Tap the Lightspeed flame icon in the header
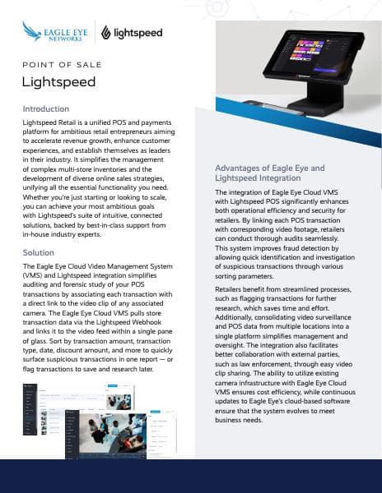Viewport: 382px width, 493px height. (x=107, y=33)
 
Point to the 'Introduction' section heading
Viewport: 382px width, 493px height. (x=47, y=108)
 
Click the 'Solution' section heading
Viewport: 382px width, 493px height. (x=38, y=252)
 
